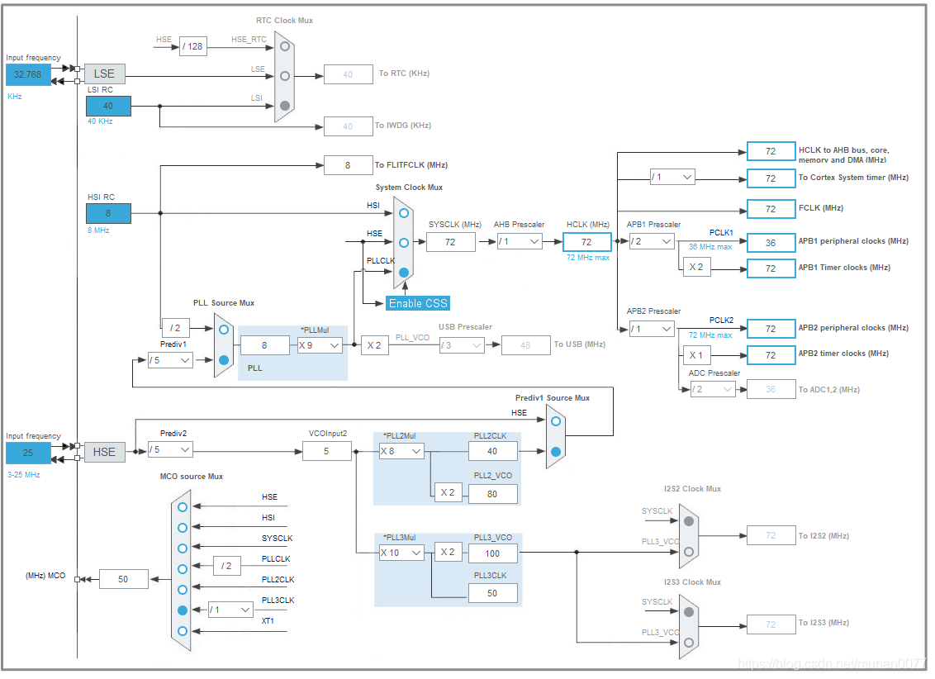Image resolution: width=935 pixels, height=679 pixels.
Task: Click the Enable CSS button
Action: point(418,303)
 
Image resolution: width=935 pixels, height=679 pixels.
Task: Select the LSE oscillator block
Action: point(104,74)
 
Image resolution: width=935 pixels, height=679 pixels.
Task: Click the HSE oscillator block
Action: point(104,452)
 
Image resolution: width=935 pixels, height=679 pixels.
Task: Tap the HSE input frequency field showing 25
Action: point(26,453)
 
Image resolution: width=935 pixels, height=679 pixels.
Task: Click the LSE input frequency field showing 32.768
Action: point(26,74)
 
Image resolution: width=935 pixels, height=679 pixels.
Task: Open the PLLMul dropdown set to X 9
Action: point(320,345)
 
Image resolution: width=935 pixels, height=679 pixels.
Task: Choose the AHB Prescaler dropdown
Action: point(520,241)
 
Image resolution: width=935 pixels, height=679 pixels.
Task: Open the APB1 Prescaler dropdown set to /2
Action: point(651,241)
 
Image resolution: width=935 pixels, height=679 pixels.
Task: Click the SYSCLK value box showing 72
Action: point(450,241)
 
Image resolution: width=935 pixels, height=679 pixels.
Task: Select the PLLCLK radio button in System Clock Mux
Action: point(403,273)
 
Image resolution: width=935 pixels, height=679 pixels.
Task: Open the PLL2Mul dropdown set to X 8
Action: point(401,451)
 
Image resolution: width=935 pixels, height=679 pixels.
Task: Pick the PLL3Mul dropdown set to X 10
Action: point(401,553)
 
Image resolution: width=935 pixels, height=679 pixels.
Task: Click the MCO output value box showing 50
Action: point(124,579)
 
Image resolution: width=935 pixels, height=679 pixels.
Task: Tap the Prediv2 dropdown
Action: point(170,450)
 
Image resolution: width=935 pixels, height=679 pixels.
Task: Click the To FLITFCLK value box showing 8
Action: point(348,165)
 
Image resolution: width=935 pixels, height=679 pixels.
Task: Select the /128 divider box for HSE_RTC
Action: point(192,46)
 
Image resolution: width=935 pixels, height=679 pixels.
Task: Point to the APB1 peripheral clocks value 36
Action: point(771,243)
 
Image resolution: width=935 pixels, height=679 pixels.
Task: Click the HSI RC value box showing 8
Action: point(108,213)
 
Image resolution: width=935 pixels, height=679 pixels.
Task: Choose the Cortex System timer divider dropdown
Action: point(672,177)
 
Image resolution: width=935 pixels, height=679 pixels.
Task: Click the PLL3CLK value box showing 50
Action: point(492,593)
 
